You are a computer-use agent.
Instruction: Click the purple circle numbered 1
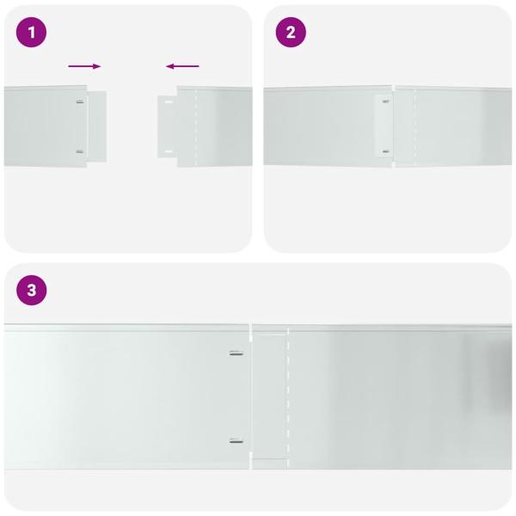pos(32,33)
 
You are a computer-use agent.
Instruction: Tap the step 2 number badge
pos(291,33)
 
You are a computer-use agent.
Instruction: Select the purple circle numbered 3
pos(32,291)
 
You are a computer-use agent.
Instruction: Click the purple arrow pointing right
pos(84,66)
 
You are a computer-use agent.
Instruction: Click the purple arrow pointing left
pos(182,66)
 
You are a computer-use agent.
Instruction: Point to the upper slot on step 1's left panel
pos(79,102)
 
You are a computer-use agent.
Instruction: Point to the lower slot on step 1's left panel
pos(79,152)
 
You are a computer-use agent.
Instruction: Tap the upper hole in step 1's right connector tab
pos(169,103)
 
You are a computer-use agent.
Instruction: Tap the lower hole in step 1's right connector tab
pos(169,152)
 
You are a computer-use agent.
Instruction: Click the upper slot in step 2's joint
pos(385,101)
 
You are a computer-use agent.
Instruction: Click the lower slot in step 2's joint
pos(385,152)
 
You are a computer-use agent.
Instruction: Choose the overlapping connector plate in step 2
pos(384,127)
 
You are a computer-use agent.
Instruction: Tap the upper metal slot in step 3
pos(236,353)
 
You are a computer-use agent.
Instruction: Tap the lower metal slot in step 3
pos(236,441)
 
